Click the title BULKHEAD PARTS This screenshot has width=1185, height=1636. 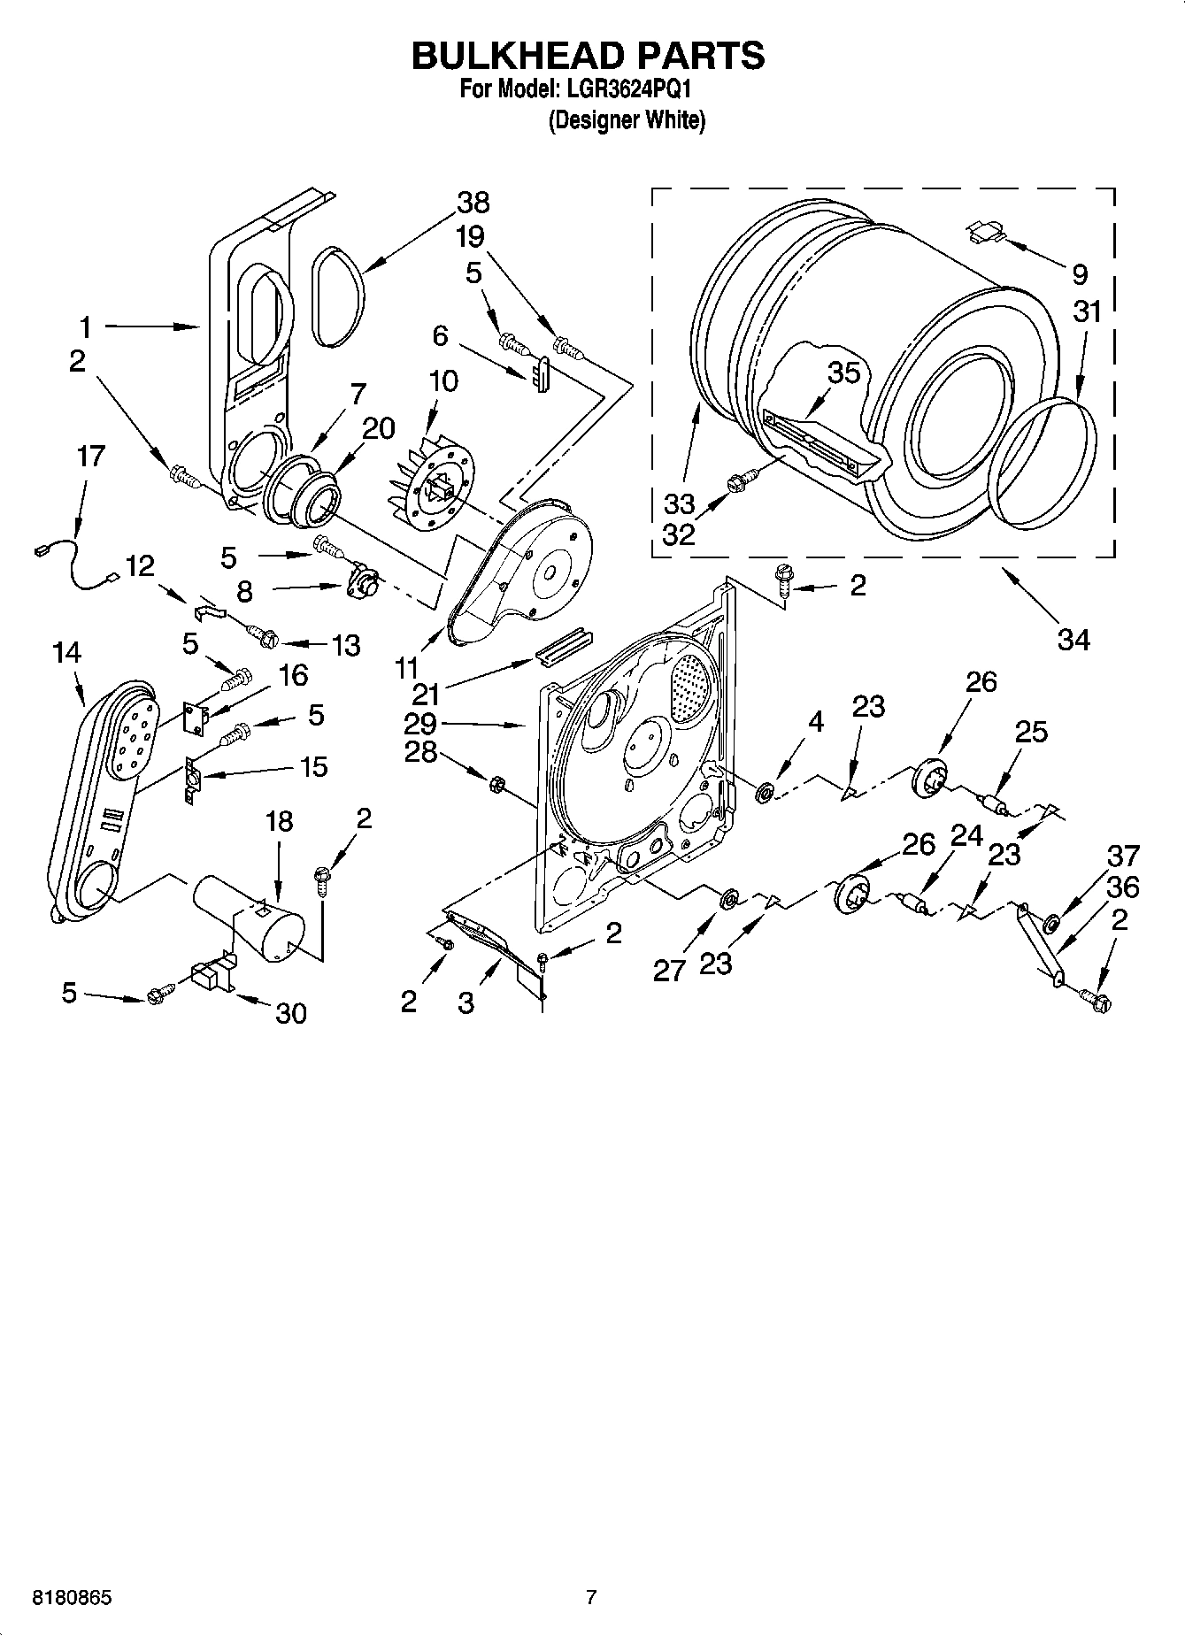(x=588, y=56)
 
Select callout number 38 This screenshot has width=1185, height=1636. (x=473, y=203)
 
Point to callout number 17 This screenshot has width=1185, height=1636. (x=90, y=457)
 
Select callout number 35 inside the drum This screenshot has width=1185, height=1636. (x=843, y=373)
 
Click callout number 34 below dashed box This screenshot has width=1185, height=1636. (x=1073, y=638)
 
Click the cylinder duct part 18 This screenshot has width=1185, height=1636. (x=250, y=916)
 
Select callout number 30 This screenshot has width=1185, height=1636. (x=290, y=1012)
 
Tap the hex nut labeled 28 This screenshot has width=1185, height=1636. (x=496, y=782)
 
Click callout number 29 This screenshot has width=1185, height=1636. (x=419, y=724)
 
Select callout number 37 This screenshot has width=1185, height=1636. (x=1123, y=856)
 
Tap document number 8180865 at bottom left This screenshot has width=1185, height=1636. (x=72, y=1598)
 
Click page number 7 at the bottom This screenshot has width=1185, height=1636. (x=591, y=1598)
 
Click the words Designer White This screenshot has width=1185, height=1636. (x=627, y=120)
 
